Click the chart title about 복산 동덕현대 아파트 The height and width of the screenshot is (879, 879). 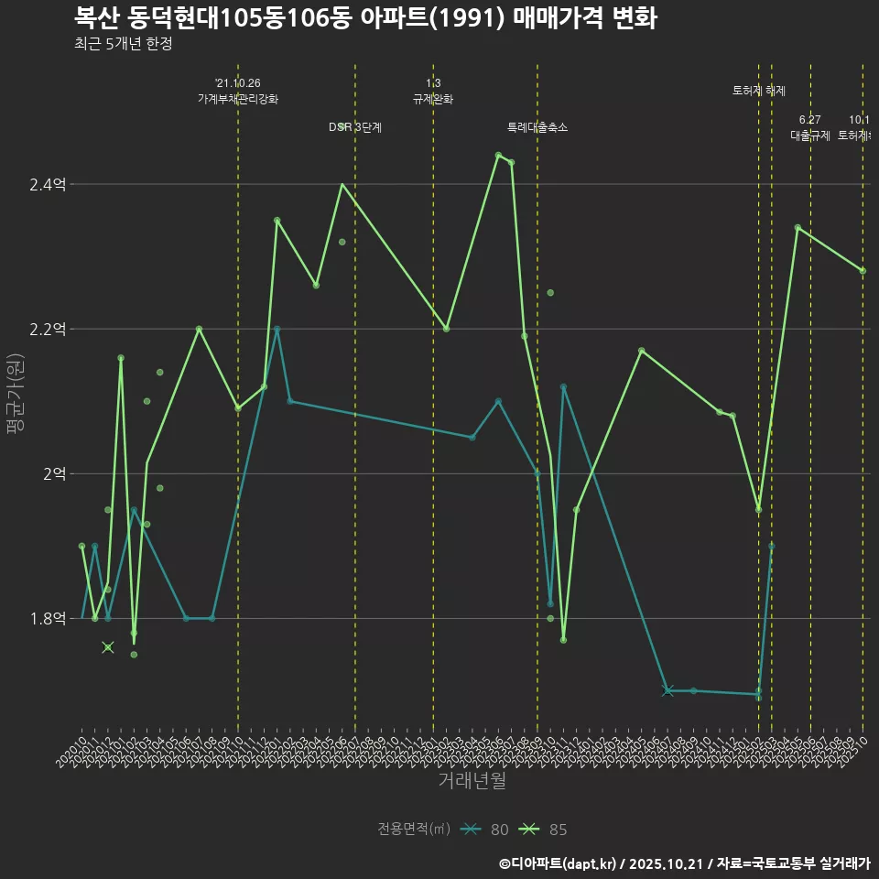tap(364, 18)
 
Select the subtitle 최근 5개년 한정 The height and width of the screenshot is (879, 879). tap(123, 44)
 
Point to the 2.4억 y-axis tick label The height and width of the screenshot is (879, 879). tap(48, 185)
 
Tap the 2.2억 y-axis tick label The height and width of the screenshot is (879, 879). tap(48, 330)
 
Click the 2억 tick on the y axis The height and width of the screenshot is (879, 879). tap(53, 474)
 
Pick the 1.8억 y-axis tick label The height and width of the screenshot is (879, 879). tap(48, 619)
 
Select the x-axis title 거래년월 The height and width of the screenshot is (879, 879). tap(472, 781)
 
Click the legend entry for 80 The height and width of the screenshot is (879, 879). tap(485, 830)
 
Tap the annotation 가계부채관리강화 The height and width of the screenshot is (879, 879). tap(238, 99)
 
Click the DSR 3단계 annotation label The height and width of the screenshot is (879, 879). tap(355, 127)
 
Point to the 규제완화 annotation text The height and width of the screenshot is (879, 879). tap(433, 99)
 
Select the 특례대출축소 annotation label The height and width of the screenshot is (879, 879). tap(537, 127)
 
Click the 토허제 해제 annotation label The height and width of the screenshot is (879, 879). tap(759, 91)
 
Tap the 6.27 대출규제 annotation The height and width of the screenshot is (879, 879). tap(810, 128)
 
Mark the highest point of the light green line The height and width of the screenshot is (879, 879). tap(498, 156)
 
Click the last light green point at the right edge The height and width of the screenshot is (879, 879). tap(863, 270)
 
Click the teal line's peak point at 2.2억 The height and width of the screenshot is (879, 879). tap(277, 329)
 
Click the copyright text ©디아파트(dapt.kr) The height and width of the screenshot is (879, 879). tap(559, 863)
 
